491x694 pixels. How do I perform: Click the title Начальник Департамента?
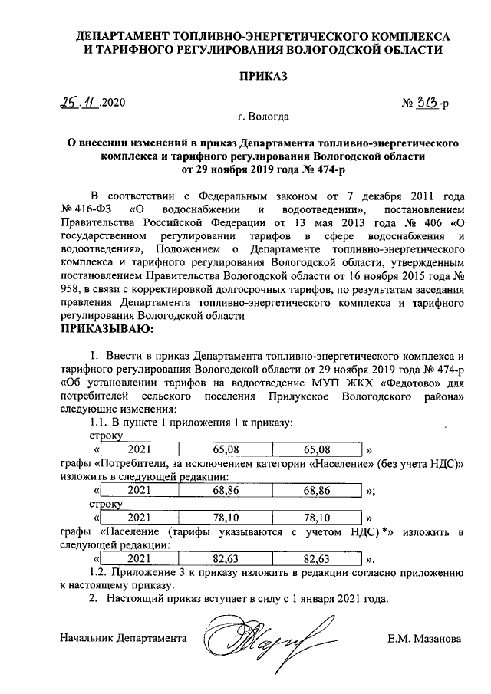tap(124, 637)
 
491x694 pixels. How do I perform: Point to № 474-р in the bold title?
tap(285, 168)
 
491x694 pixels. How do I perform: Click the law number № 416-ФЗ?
tap(87, 209)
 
